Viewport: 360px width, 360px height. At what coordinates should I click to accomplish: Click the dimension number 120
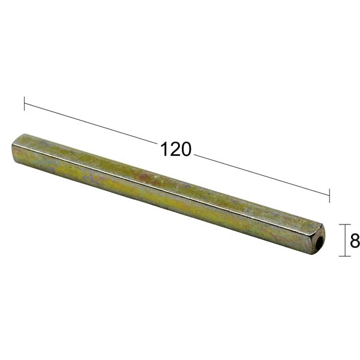176,149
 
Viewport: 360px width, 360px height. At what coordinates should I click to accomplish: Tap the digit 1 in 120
165,149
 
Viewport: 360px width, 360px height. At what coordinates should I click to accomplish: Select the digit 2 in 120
176,149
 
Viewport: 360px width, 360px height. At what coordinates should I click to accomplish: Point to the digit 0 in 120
186,149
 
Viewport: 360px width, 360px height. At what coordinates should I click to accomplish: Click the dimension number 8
355,241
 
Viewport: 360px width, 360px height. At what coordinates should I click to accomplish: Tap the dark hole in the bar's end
319,242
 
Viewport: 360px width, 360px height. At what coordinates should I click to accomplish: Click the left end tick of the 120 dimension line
25,104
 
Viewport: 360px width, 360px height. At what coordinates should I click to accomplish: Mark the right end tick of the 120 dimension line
329,196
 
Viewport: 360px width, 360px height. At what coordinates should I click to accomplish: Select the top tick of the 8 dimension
345,224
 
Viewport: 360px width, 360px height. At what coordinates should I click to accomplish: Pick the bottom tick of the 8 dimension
345,256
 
